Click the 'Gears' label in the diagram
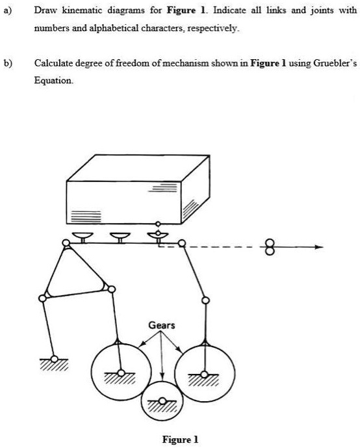point(161,324)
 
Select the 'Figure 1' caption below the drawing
point(180,440)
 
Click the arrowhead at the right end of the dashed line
point(318,247)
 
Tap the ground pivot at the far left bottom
point(55,358)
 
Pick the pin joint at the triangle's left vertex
point(44,298)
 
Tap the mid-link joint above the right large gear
point(205,300)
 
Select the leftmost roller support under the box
point(83,236)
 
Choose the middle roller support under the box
point(119,236)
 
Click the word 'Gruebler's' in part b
point(333,63)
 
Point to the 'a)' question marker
point(7,11)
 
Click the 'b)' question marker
point(7,63)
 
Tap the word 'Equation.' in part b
point(53,81)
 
